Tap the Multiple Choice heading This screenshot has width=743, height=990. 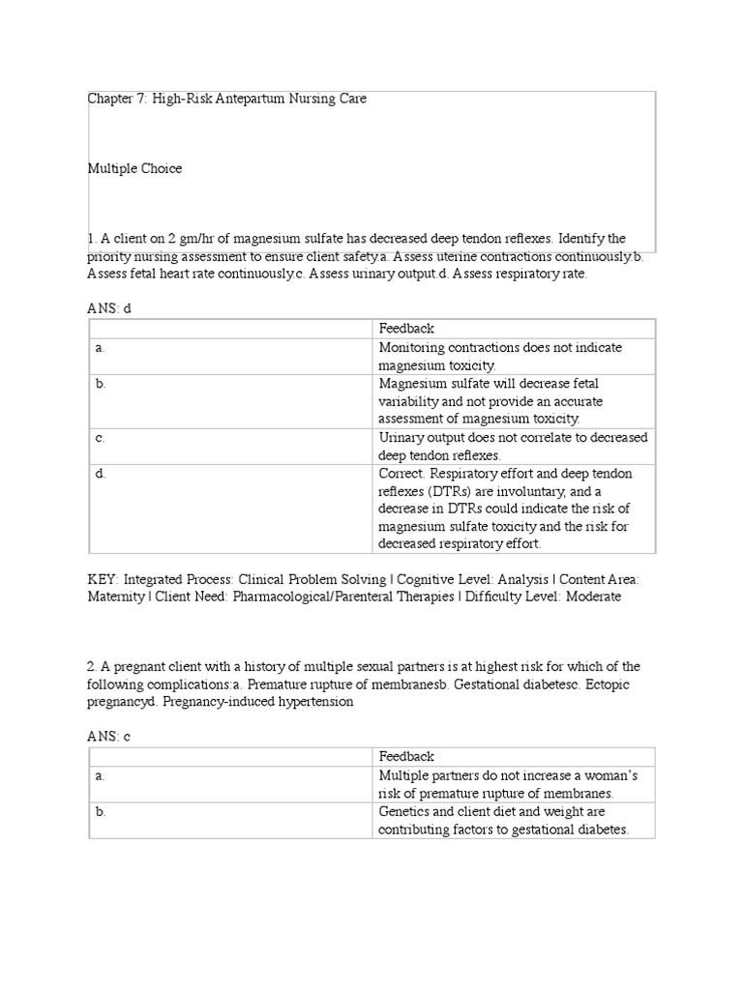[134, 168]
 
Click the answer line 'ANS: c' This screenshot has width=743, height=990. [108, 736]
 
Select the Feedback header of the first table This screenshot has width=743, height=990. [406, 329]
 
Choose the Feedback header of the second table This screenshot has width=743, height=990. [406, 757]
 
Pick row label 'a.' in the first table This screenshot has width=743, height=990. [100, 347]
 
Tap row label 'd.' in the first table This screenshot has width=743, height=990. [101, 474]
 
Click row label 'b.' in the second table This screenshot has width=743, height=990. [101, 812]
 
